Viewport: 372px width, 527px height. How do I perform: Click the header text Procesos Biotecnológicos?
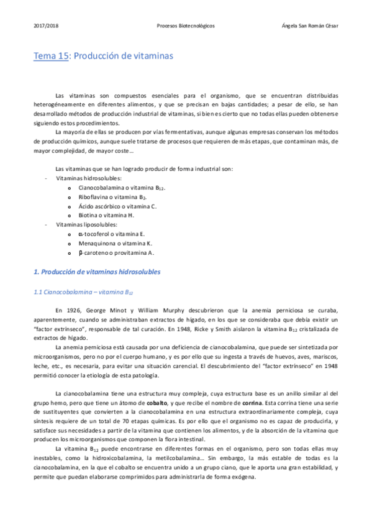point(186,26)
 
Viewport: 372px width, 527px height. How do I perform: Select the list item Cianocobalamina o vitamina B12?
point(122,187)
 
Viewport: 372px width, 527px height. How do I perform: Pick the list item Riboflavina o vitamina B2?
point(116,196)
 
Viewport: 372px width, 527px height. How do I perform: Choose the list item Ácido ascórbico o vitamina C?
point(117,206)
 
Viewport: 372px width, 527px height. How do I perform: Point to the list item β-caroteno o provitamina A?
point(116,252)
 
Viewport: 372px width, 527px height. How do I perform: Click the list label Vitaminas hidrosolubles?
point(84,178)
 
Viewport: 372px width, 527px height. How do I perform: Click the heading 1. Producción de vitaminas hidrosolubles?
point(96,272)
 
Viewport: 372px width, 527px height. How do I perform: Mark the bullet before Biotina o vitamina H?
point(69,216)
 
